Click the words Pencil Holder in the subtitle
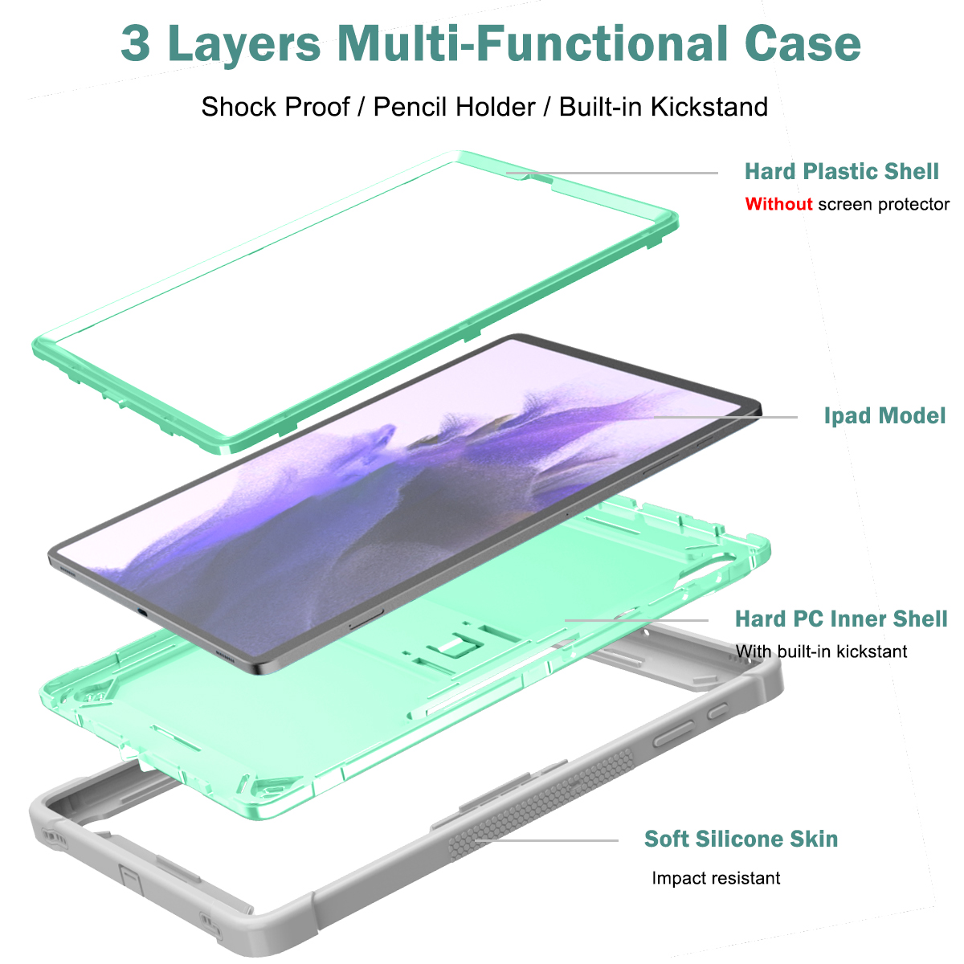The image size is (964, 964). pos(454,107)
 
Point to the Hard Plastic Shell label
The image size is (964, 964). pos(841,171)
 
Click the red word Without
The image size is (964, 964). pos(778,204)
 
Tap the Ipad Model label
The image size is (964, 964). pos(884,415)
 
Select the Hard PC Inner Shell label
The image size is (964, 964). pos(841,619)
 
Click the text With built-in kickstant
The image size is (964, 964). pos(821,652)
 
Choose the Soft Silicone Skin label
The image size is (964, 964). pos(741,839)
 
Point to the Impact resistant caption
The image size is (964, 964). pos(716,878)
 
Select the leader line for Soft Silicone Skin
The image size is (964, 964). pos(546,840)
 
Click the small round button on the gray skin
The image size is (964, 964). pos(717,710)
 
